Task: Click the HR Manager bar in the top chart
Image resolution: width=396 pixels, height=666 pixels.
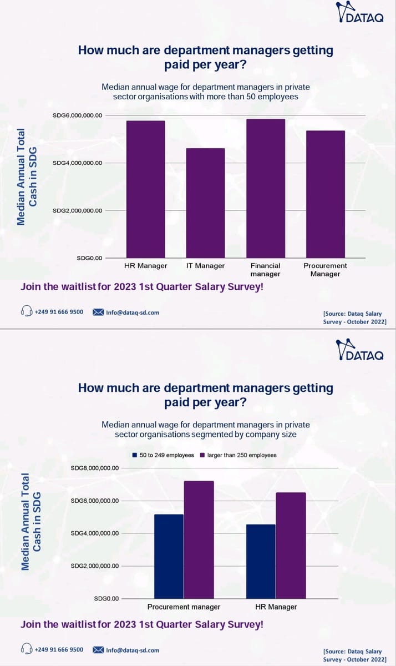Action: pos(146,189)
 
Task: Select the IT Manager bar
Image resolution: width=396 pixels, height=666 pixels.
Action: pos(205,203)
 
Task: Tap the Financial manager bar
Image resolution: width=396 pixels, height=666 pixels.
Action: pos(265,189)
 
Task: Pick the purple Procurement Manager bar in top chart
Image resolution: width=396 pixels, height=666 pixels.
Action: pos(325,194)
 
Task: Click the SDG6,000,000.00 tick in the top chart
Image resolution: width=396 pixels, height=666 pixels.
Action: pos(77,115)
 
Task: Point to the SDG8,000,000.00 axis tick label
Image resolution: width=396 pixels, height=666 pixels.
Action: pos(95,468)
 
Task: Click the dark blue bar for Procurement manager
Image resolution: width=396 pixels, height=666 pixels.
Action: pos(169,556)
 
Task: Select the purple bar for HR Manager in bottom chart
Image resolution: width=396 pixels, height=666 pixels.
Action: pos(290,546)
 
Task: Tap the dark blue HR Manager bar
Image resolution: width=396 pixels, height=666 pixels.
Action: pos(260,561)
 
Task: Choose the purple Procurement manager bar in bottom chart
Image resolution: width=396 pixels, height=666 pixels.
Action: pos(199,539)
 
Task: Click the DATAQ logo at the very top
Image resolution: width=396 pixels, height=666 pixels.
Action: pos(361,12)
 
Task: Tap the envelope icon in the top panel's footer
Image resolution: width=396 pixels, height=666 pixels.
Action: pos(98,312)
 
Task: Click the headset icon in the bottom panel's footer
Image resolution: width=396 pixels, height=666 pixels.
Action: pos(26,649)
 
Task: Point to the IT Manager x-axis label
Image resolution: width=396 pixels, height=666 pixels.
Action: pos(205,266)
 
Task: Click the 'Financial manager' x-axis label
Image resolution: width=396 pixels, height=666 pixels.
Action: pos(265,270)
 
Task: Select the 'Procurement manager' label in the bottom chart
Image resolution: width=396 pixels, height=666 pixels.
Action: pos(184,607)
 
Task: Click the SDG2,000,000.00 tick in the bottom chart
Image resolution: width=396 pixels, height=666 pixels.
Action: pos(95,566)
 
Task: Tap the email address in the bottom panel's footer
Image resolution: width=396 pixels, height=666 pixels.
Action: pos(133,650)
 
